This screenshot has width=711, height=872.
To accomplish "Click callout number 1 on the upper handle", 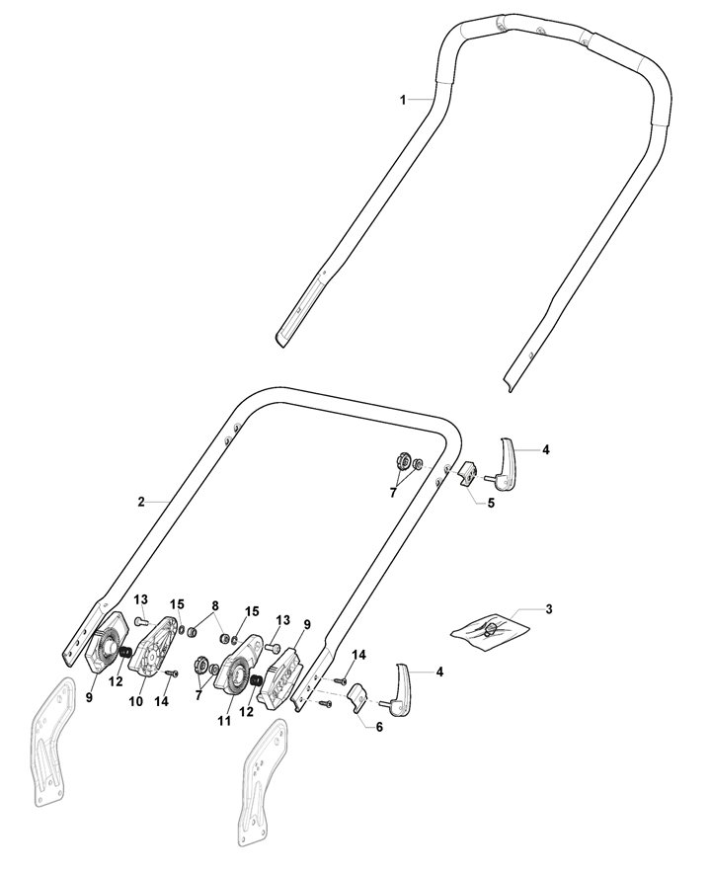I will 403,100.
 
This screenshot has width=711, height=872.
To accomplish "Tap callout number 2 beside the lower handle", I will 142,502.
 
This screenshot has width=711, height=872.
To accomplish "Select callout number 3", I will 550,608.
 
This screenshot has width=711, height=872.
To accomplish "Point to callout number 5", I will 490,503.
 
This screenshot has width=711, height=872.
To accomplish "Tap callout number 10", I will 136,701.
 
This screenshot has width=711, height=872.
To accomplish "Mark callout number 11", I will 224,722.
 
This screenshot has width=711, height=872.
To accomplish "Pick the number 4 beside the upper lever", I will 546,449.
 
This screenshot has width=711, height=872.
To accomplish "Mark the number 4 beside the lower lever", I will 439,672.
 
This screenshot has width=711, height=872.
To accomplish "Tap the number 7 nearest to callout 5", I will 392,492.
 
